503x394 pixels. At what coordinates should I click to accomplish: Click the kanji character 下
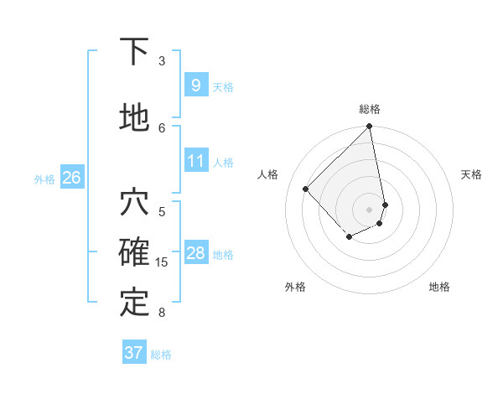click(134, 52)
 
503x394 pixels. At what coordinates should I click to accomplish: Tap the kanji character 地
click(134, 117)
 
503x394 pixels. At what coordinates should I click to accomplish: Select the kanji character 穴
click(134, 202)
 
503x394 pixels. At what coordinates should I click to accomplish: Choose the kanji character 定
click(134, 303)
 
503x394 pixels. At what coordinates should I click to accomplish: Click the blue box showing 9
click(195, 85)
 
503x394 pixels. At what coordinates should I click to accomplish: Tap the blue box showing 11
click(195, 161)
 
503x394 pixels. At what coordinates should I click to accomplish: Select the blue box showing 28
click(195, 253)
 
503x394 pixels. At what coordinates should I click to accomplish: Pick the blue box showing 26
click(71, 177)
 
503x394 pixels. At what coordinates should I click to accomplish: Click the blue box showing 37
click(133, 353)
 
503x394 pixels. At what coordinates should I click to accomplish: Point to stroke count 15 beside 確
click(162, 262)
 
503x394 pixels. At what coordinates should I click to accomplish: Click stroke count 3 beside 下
click(162, 60)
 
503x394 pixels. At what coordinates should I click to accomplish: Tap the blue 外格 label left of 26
click(44, 179)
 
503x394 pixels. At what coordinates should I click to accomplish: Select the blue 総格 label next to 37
click(161, 355)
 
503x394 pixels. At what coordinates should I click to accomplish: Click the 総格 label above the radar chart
click(370, 109)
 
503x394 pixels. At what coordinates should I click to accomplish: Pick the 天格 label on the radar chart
click(472, 174)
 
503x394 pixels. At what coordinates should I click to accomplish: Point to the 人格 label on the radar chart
click(268, 174)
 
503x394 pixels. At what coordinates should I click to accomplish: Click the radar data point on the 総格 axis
click(369, 127)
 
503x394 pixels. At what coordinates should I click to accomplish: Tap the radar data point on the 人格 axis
click(306, 189)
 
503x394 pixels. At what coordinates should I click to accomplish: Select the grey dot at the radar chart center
click(369, 209)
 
